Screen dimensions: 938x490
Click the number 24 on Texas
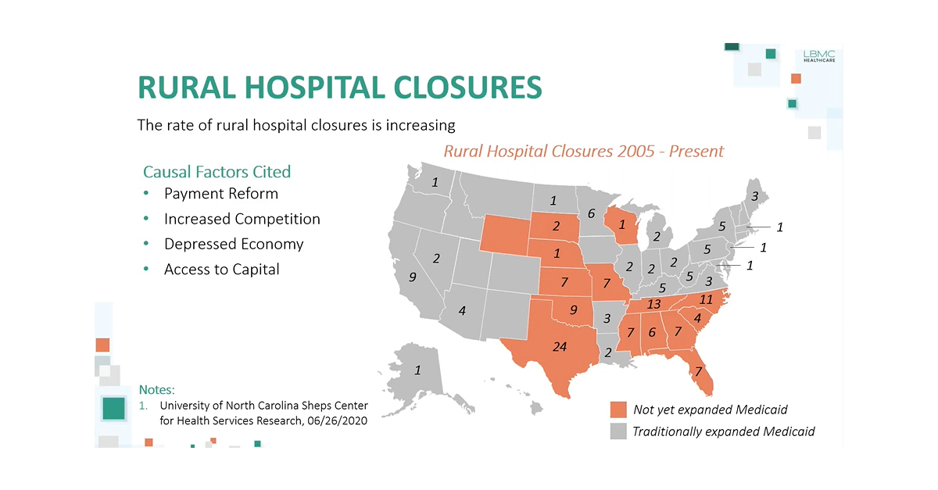(x=560, y=347)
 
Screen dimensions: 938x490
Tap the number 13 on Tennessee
(x=654, y=304)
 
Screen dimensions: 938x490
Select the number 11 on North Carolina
(x=706, y=299)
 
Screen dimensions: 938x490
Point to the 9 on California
(x=412, y=277)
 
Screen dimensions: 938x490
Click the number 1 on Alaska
(x=417, y=370)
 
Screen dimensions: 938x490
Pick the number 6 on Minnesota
(x=591, y=213)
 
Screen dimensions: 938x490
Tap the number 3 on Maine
(x=754, y=196)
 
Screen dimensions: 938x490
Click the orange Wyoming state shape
(x=504, y=235)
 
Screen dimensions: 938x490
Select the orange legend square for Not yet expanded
(x=618, y=410)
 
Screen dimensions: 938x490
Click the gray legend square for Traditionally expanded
(x=618, y=431)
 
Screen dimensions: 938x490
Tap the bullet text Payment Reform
(x=220, y=194)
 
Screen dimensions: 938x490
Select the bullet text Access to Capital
(x=221, y=269)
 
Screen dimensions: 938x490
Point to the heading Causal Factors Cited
(x=217, y=171)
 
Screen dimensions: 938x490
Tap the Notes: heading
(x=156, y=388)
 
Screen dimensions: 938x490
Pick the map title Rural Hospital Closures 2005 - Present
(x=583, y=151)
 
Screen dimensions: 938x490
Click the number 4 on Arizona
(x=462, y=310)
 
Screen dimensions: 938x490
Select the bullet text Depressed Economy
(x=233, y=244)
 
